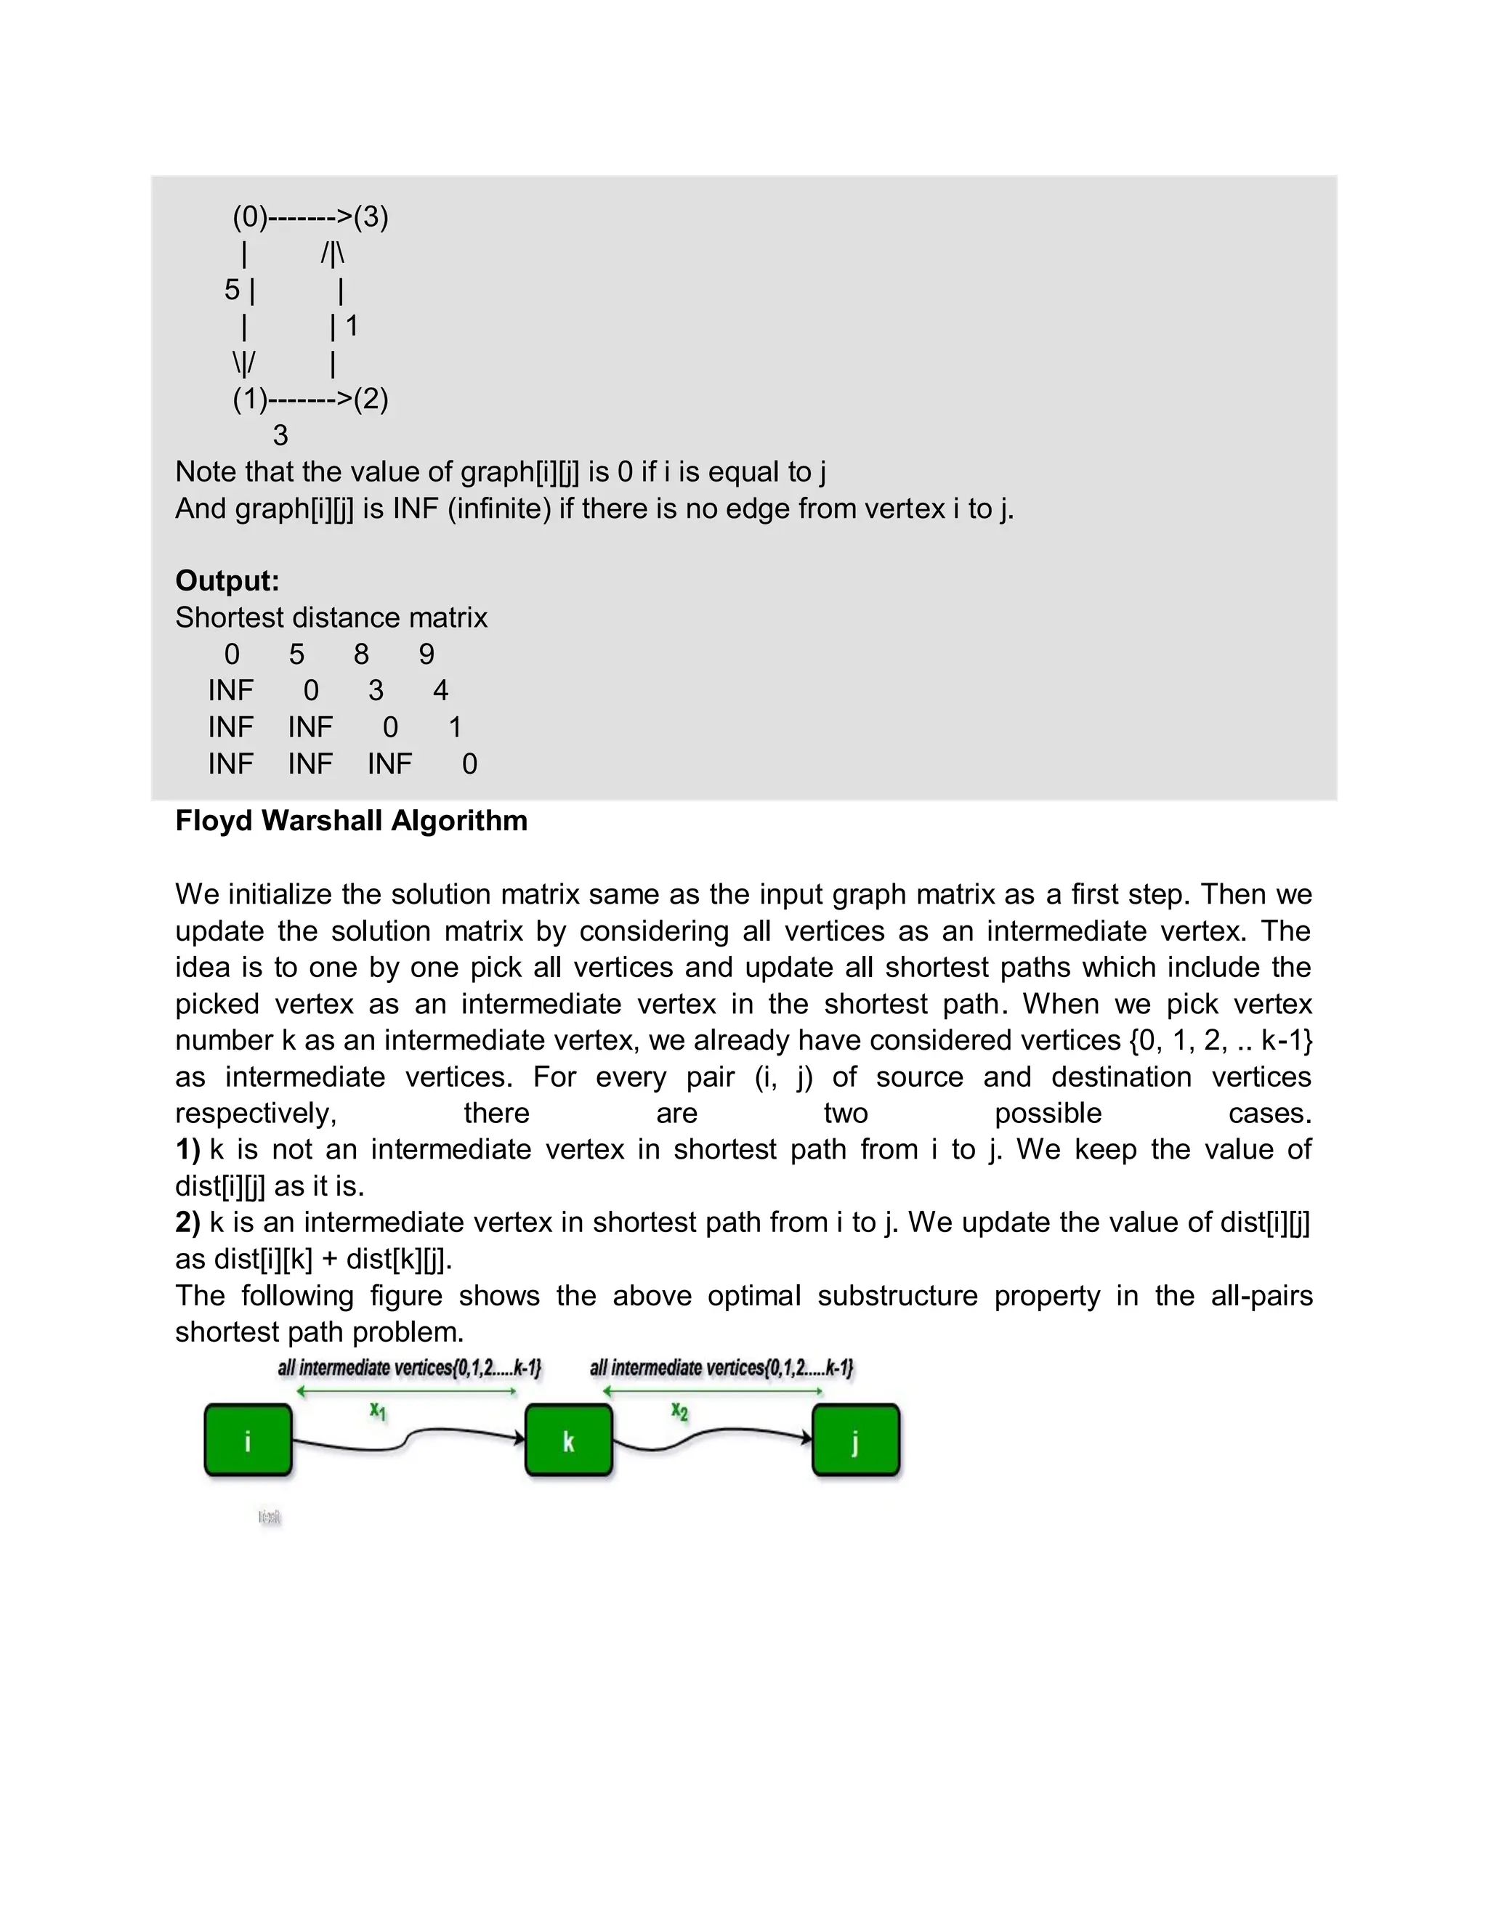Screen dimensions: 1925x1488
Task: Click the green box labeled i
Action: click(248, 1440)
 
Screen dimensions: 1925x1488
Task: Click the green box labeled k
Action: click(569, 1440)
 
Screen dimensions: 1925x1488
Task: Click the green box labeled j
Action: click(855, 1440)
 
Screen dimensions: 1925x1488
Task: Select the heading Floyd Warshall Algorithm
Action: click(351, 821)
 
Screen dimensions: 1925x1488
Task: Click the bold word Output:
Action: click(227, 581)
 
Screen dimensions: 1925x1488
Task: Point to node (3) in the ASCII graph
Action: click(371, 216)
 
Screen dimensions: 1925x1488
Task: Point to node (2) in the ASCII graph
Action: click(371, 400)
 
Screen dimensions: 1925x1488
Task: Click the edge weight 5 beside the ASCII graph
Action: click(232, 289)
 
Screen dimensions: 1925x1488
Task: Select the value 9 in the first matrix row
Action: click(426, 654)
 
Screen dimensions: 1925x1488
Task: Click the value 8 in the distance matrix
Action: click(361, 654)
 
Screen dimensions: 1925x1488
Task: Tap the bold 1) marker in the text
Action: click(187, 1149)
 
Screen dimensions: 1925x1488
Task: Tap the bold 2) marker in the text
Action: click(187, 1223)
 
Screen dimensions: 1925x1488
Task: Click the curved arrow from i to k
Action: click(405, 1439)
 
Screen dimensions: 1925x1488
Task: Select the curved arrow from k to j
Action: click(705, 1438)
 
